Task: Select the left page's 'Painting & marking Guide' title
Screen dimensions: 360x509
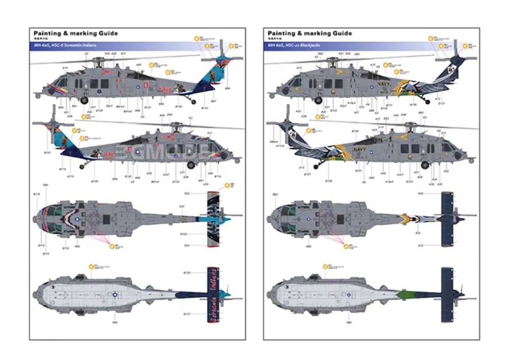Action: click(x=73, y=34)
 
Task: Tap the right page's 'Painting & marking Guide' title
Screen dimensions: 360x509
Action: click(x=310, y=34)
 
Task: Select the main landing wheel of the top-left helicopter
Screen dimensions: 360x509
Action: click(x=84, y=100)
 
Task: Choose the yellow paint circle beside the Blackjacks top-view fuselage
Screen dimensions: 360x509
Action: click(x=347, y=246)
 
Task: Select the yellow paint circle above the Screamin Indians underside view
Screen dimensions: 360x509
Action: click(x=92, y=266)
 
